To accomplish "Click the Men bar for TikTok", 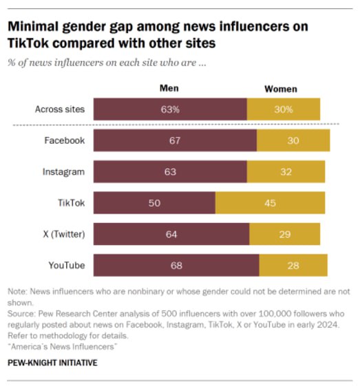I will (153, 203).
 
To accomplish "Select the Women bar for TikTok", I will (270, 203).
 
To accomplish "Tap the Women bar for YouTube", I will (293, 265).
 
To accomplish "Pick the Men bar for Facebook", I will (175, 140).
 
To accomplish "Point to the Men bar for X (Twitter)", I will (171, 234).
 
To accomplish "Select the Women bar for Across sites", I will (283, 109).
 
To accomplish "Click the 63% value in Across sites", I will (171, 109).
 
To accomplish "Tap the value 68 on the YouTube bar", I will (176, 265).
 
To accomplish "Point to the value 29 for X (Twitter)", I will (285, 234).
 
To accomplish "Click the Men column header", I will (169, 89).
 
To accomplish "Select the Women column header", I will (281, 89).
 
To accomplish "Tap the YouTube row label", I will (66, 265).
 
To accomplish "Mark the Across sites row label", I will (60, 109).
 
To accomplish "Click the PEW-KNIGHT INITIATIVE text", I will (52, 362).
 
